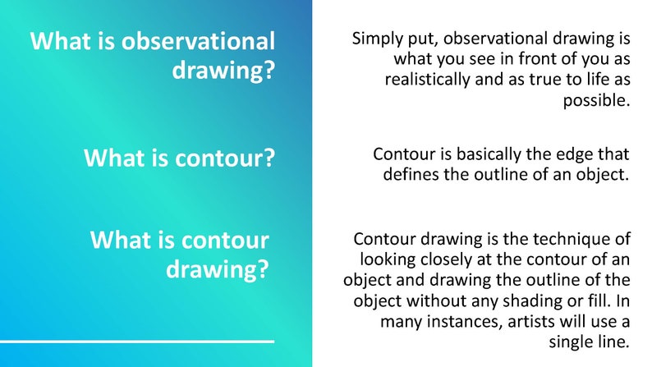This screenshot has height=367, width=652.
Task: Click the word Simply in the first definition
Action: [x=375, y=39]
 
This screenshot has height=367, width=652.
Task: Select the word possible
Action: [x=595, y=101]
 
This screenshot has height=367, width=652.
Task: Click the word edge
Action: [x=572, y=154]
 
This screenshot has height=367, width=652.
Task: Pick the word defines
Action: [x=411, y=174]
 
